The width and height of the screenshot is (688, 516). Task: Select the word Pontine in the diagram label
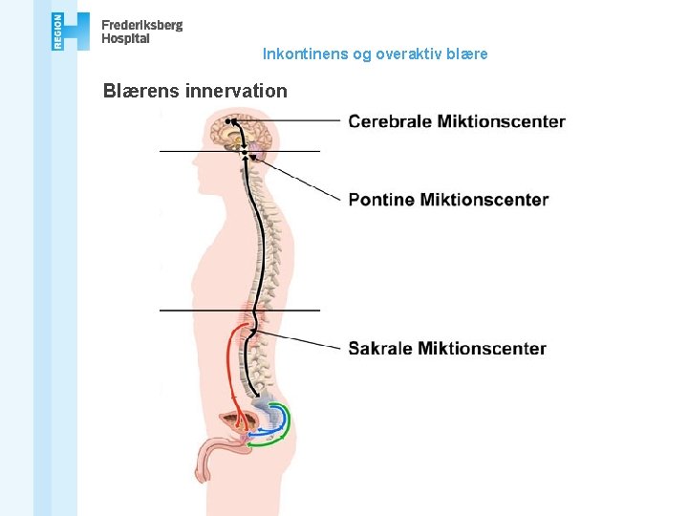[x=381, y=200]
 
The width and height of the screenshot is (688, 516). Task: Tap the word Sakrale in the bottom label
[x=380, y=349]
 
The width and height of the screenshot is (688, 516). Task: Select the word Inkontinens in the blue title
[x=305, y=54]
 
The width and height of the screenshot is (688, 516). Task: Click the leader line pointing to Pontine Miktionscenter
[x=304, y=181]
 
